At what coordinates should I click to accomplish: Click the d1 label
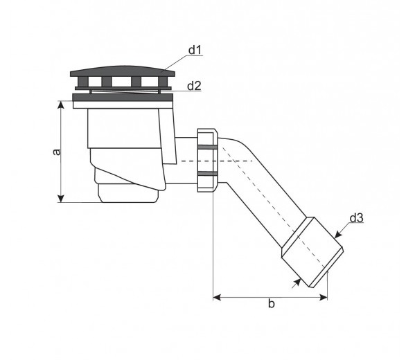coord(195,50)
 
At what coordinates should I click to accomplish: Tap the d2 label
coord(194,86)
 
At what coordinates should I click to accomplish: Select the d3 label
coord(356,218)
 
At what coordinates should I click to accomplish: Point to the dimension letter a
coord(56,152)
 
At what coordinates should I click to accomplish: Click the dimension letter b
coord(272,304)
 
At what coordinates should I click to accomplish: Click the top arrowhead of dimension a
coord(61,105)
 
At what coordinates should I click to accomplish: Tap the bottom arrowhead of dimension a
coord(61,198)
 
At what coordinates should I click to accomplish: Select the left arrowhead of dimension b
coord(217,297)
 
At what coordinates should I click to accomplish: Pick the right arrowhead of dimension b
coord(324,297)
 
